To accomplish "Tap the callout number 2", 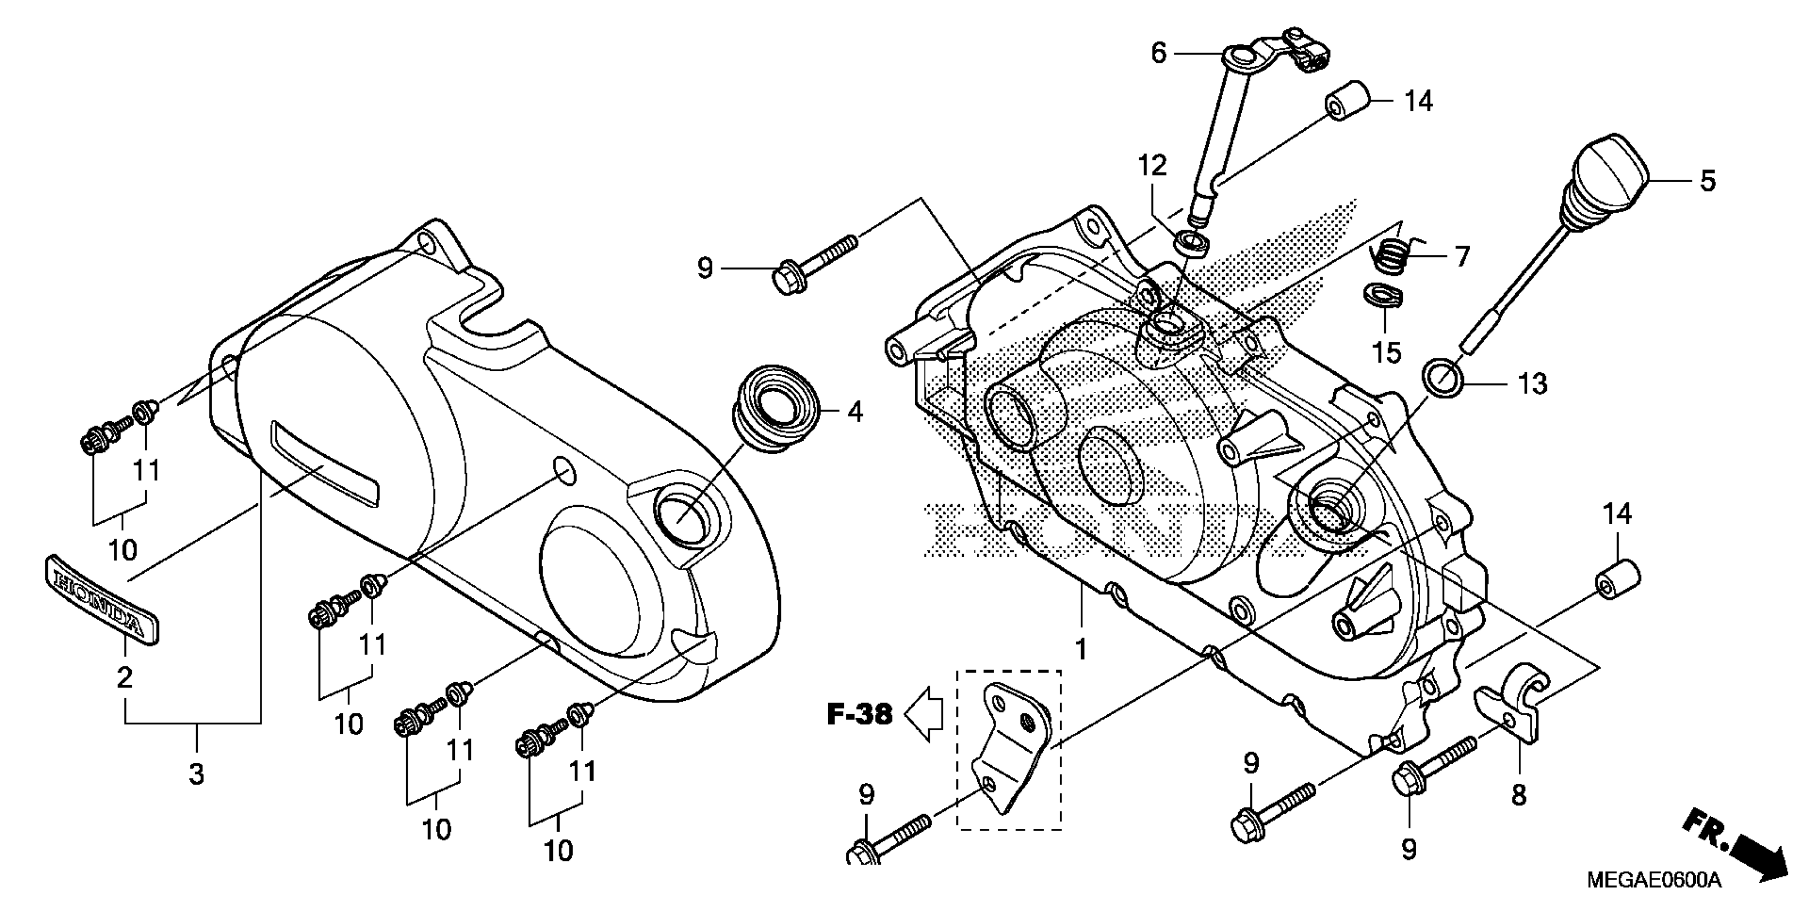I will click(124, 678).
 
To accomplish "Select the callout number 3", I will click(197, 774).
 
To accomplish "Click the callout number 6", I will click(1158, 53).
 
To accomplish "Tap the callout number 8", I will click(1518, 795).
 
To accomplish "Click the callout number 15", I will click(1387, 353).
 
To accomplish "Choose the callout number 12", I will click(1152, 166).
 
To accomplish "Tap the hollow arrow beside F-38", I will click(923, 714).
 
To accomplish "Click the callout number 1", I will click(1081, 649).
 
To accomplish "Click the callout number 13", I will click(1533, 384).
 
